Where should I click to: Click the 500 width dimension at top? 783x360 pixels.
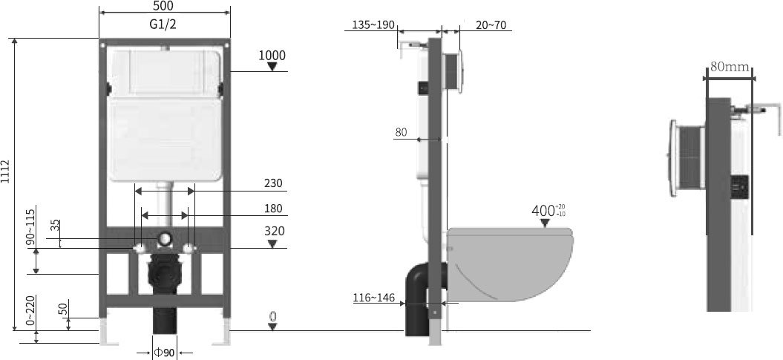(x=163, y=6)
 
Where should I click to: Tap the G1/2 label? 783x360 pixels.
(x=163, y=24)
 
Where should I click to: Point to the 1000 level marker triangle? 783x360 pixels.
(x=272, y=66)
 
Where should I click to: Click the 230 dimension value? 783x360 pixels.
(x=273, y=184)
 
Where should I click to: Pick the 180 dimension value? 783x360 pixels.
(x=273, y=209)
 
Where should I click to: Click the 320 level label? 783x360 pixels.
(x=275, y=231)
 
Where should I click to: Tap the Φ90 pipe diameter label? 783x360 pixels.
(x=164, y=353)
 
